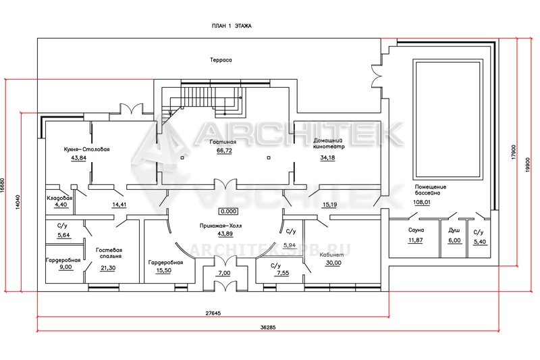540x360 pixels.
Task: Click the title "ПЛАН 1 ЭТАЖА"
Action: (x=232, y=26)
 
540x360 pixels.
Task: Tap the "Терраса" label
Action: (x=221, y=60)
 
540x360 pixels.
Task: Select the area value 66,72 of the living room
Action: (x=224, y=151)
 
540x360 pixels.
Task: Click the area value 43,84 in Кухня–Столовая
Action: (x=78, y=158)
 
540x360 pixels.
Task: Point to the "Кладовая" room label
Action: (x=59, y=198)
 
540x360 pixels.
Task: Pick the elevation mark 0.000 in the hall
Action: (x=228, y=211)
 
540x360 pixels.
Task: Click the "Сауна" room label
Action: (x=416, y=230)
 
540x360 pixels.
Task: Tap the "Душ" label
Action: (x=454, y=230)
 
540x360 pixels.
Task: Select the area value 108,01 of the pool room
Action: (x=422, y=202)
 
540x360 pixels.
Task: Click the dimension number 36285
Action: (x=269, y=328)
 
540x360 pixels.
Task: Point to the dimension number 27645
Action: (x=213, y=313)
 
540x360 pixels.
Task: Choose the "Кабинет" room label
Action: (x=331, y=255)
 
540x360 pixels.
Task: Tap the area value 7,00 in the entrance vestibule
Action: (x=224, y=273)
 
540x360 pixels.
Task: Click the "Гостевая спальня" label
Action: (x=109, y=253)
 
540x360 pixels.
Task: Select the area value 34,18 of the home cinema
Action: (x=327, y=157)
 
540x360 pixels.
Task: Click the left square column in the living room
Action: (x=182, y=158)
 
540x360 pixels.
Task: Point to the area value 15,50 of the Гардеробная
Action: (x=163, y=270)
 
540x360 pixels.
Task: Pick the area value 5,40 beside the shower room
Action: (x=480, y=242)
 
